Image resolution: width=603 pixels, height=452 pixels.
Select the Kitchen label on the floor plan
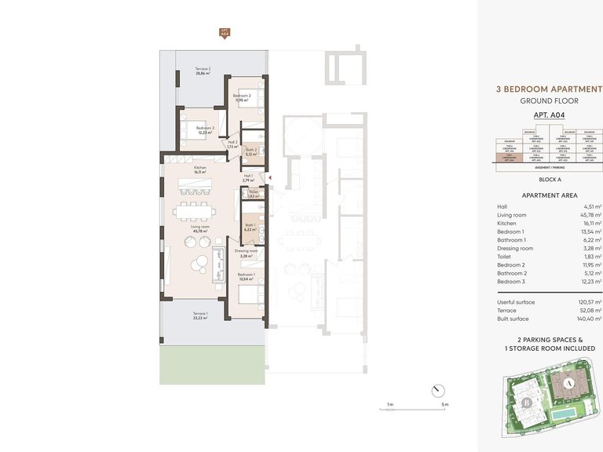click(201, 168)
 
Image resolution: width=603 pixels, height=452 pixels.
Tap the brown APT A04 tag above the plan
click(225, 33)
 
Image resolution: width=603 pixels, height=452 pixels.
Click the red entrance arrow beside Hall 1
click(270, 178)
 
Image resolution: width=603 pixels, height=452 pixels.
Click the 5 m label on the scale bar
click(444, 405)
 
